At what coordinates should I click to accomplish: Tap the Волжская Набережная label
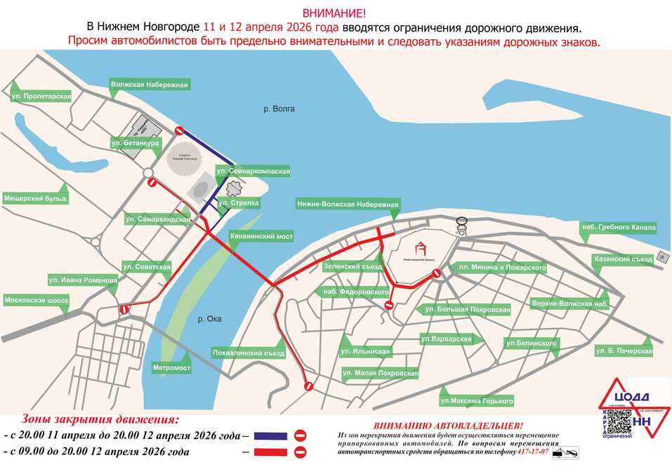pyautogui.click(x=150, y=85)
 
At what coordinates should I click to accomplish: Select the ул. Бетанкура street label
pyautogui.click(x=136, y=143)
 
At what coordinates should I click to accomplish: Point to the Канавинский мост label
pyautogui.click(x=261, y=237)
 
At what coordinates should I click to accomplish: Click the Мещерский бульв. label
pyautogui.click(x=36, y=199)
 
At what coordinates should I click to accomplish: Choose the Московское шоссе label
pyautogui.click(x=37, y=300)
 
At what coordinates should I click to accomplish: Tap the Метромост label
pyautogui.click(x=171, y=367)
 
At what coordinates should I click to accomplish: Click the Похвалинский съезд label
pyautogui.click(x=248, y=353)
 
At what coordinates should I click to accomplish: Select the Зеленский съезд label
pyautogui.click(x=352, y=267)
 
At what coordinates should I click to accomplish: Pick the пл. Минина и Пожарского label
pyautogui.click(x=501, y=268)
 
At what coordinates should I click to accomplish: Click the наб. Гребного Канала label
pyautogui.click(x=618, y=227)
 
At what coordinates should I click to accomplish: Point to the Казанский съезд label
pyautogui.click(x=623, y=259)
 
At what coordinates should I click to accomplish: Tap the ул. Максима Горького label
pyautogui.click(x=477, y=401)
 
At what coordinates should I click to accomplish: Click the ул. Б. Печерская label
pyautogui.click(x=624, y=350)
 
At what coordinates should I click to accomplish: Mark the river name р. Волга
pyautogui.click(x=279, y=109)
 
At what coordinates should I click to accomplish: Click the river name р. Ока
pyautogui.click(x=209, y=319)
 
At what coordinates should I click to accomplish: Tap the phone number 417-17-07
pyautogui.click(x=534, y=451)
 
